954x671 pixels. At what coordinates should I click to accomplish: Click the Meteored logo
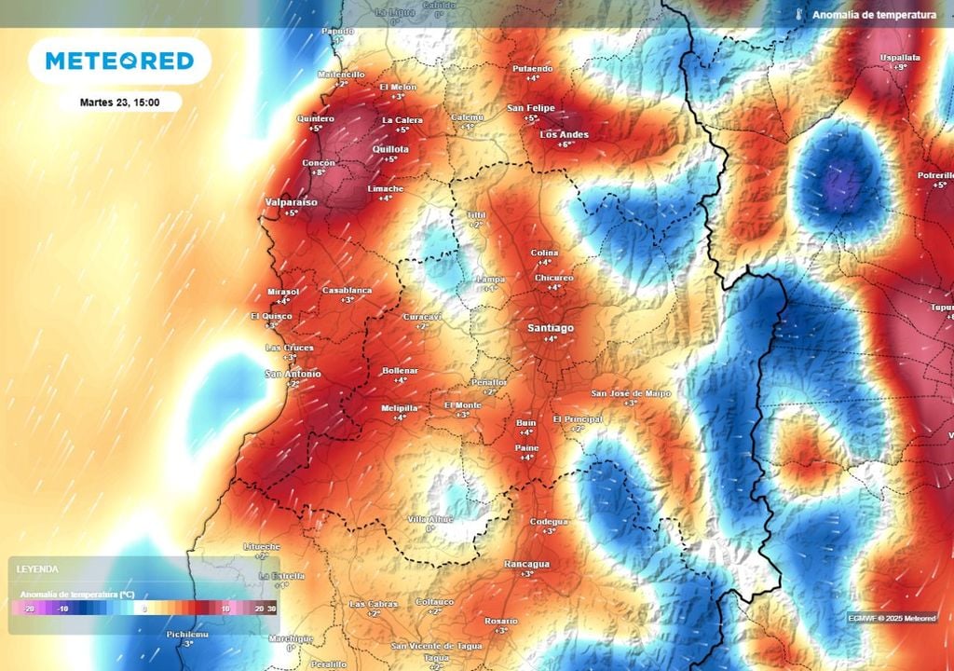pyautogui.click(x=119, y=62)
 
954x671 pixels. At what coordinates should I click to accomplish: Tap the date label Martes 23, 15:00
pyautogui.click(x=119, y=102)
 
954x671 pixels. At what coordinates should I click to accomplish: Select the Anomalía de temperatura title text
pyautogui.click(x=874, y=15)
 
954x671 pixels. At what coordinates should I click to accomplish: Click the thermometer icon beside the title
pyautogui.click(x=799, y=15)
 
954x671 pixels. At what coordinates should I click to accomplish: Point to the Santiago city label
pyautogui.click(x=551, y=328)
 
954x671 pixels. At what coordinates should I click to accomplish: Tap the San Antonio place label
pyautogui.click(x=293, y=374)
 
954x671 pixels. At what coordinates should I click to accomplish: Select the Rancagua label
pyautogui.click(x=526, y=564)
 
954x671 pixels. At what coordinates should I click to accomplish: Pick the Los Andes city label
pyautogui.click(x=565, y=134)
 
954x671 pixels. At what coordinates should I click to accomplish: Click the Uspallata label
pyautogui.click(x=899, y=58)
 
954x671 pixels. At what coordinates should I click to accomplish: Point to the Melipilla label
pyautogui.click(x=401, y=408)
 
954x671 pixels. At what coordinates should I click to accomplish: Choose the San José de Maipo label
pyautogui.click(x=631, y=393)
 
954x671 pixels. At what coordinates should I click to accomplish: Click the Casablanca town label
pyautogui.click(x=347, y=290)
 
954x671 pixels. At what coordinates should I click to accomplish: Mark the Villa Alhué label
pyautogui.click(x=429, y=518)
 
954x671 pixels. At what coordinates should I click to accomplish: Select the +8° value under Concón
pyautogui.click(x=319, y=172)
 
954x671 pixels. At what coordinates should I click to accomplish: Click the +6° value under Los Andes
pyautogui.click(x=565, y=144)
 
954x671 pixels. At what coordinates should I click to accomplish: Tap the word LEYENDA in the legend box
pyautogui.click(x=38, y=568)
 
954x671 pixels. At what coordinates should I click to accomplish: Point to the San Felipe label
pyautogui.click(x=531, y=108)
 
